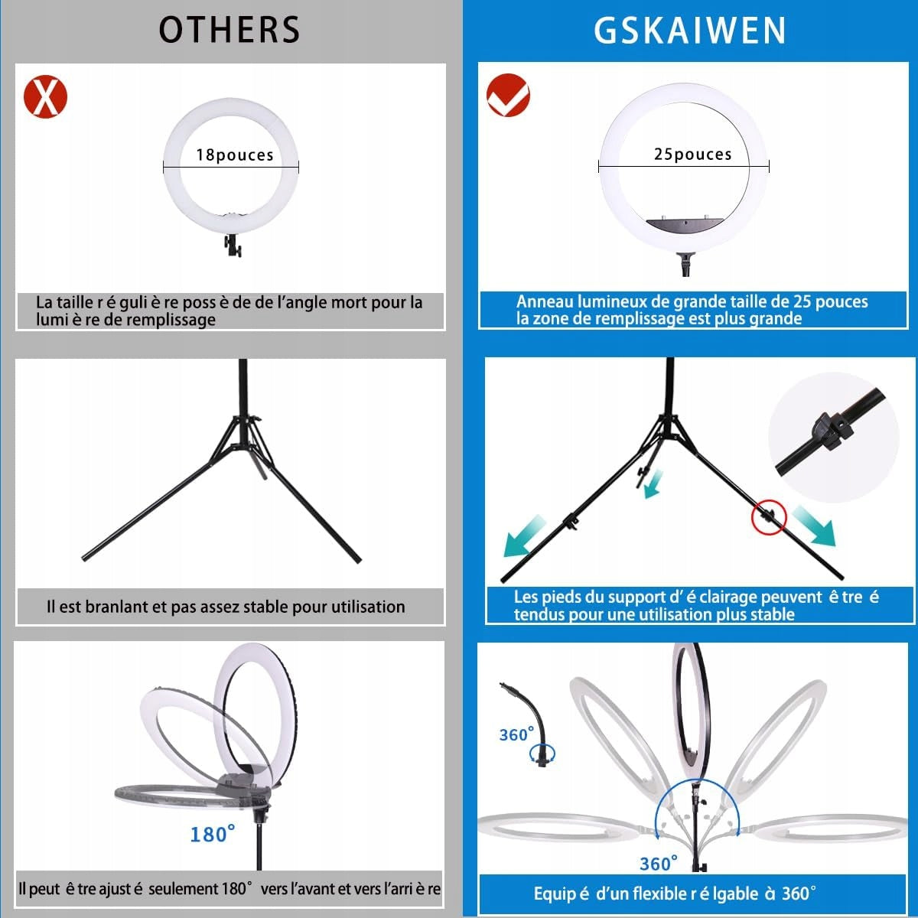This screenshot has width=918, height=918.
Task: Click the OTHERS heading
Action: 229,30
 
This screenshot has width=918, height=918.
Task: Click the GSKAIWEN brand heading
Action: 690,31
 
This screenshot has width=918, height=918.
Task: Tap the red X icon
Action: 45,96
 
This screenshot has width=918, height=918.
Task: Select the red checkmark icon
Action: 508,96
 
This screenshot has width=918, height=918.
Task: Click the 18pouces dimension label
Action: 235,155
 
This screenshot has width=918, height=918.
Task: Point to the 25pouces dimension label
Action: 692,154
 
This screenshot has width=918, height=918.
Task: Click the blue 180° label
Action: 213,834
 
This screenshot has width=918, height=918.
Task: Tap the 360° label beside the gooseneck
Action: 516,734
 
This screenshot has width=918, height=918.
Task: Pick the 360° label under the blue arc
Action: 659,863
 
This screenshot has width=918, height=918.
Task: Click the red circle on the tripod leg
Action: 768,517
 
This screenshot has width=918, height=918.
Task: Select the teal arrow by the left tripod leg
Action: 524,536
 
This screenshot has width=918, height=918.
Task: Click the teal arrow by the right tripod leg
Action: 814,526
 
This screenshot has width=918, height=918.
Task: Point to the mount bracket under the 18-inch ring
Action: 233,246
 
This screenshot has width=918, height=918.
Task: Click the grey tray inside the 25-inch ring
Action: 685,226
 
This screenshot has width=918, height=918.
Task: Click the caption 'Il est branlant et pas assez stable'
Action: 226,607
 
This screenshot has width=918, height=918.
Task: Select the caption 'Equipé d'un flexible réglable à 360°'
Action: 675,894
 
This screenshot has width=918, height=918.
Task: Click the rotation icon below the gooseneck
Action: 542,754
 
